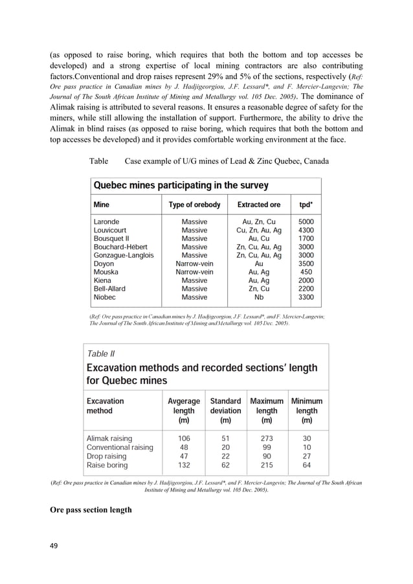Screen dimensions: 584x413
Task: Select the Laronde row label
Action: click(x=107, y=221)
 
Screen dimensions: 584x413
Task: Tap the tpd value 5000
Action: click(x=306, y=221)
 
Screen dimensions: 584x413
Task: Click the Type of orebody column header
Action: click(x=194, y=205)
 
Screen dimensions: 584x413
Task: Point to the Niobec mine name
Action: click(x=106, y=297)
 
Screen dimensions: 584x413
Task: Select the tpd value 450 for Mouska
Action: click(x=306, y=272)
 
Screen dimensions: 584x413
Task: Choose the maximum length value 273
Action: click(x=267, y=438)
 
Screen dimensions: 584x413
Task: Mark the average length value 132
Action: click(x=184, y=465)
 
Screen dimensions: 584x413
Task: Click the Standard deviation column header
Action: click(x=225, y=405)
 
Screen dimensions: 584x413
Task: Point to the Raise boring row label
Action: click(x=107, y=465)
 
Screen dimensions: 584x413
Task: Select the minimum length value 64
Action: click(x=307, y=465)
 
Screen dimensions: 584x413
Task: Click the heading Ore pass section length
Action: click(x=91, y=510)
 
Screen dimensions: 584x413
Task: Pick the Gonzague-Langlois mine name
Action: click(x=124, y=255)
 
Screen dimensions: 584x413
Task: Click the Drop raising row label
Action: click(x=107, y=456)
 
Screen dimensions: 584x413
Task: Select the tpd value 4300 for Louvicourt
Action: click(x=306, y=230)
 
